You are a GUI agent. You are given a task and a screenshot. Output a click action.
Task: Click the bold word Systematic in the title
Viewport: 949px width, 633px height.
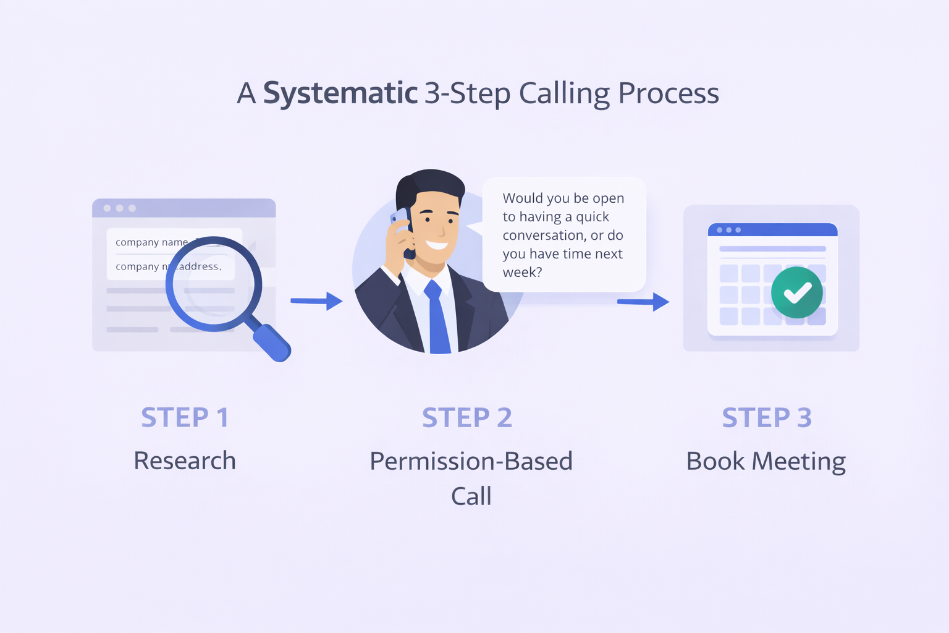pos(340,93)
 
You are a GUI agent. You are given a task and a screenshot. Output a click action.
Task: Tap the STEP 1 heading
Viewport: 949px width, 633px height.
pos(185,418)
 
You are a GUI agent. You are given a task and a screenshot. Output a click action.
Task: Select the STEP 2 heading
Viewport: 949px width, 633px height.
pos(467,418)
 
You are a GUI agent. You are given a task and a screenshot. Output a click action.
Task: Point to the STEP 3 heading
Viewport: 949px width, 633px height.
pos(767,418)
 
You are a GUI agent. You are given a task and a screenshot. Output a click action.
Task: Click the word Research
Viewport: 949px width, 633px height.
pos(185,461)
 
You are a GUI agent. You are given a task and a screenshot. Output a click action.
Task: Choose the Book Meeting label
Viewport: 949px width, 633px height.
pos(766,462)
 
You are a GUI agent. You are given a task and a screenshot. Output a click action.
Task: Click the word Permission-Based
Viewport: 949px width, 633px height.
pos(471,462)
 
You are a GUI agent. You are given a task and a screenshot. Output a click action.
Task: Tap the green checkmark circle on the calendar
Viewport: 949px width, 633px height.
pos(797,292)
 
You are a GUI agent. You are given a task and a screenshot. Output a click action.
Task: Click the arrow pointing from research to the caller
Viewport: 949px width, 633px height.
pos(316,301)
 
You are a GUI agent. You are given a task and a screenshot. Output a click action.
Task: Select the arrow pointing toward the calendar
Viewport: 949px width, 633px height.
pos(643,302)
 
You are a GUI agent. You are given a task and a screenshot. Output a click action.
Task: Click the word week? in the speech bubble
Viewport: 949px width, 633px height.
pos(522,273)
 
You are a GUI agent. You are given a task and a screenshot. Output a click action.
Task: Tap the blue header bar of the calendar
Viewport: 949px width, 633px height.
pos(772,230)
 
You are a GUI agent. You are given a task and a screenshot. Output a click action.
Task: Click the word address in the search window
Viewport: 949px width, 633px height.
pos(199,266)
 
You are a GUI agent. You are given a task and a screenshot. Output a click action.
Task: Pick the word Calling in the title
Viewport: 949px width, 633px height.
pos(564,94)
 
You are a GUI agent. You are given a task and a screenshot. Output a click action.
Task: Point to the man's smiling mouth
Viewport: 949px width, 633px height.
pos(437,245)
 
